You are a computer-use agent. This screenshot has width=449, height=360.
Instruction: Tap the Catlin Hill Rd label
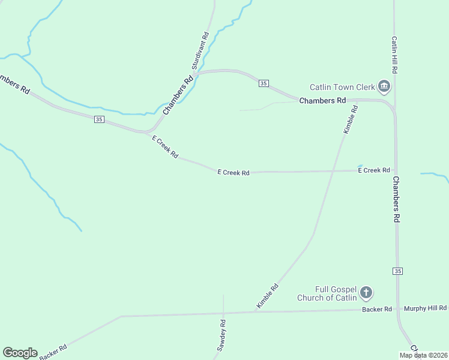point(394,55)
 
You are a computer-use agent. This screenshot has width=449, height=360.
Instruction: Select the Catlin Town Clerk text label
point(342,87)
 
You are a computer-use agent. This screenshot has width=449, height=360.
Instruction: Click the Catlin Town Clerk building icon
point(384,87)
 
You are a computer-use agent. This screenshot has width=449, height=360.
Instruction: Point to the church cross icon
point(366,293)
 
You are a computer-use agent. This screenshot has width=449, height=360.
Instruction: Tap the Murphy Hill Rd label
point(425,308)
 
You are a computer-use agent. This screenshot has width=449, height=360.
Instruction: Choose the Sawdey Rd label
point(222,335)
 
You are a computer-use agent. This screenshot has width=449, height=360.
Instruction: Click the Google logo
point(20,353)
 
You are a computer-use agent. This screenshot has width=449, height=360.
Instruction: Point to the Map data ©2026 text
point(423,355)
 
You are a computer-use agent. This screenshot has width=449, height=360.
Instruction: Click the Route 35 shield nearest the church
point(398,271)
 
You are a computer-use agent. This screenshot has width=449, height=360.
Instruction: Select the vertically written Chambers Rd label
point(396,200)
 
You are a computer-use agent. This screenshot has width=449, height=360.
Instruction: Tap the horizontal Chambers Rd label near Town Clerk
point(323,101)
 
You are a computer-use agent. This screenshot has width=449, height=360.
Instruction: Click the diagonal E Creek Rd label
point(165,147)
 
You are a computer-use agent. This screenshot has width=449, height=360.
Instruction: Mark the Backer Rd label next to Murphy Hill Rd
point(377,309)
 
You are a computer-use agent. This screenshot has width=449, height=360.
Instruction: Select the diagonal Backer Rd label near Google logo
point(53,352)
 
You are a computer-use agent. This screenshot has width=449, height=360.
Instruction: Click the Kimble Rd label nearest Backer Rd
point(268,296)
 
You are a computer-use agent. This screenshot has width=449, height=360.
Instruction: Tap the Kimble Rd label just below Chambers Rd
point(351,119)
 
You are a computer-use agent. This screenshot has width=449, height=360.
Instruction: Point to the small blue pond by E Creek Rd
point(360,166)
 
